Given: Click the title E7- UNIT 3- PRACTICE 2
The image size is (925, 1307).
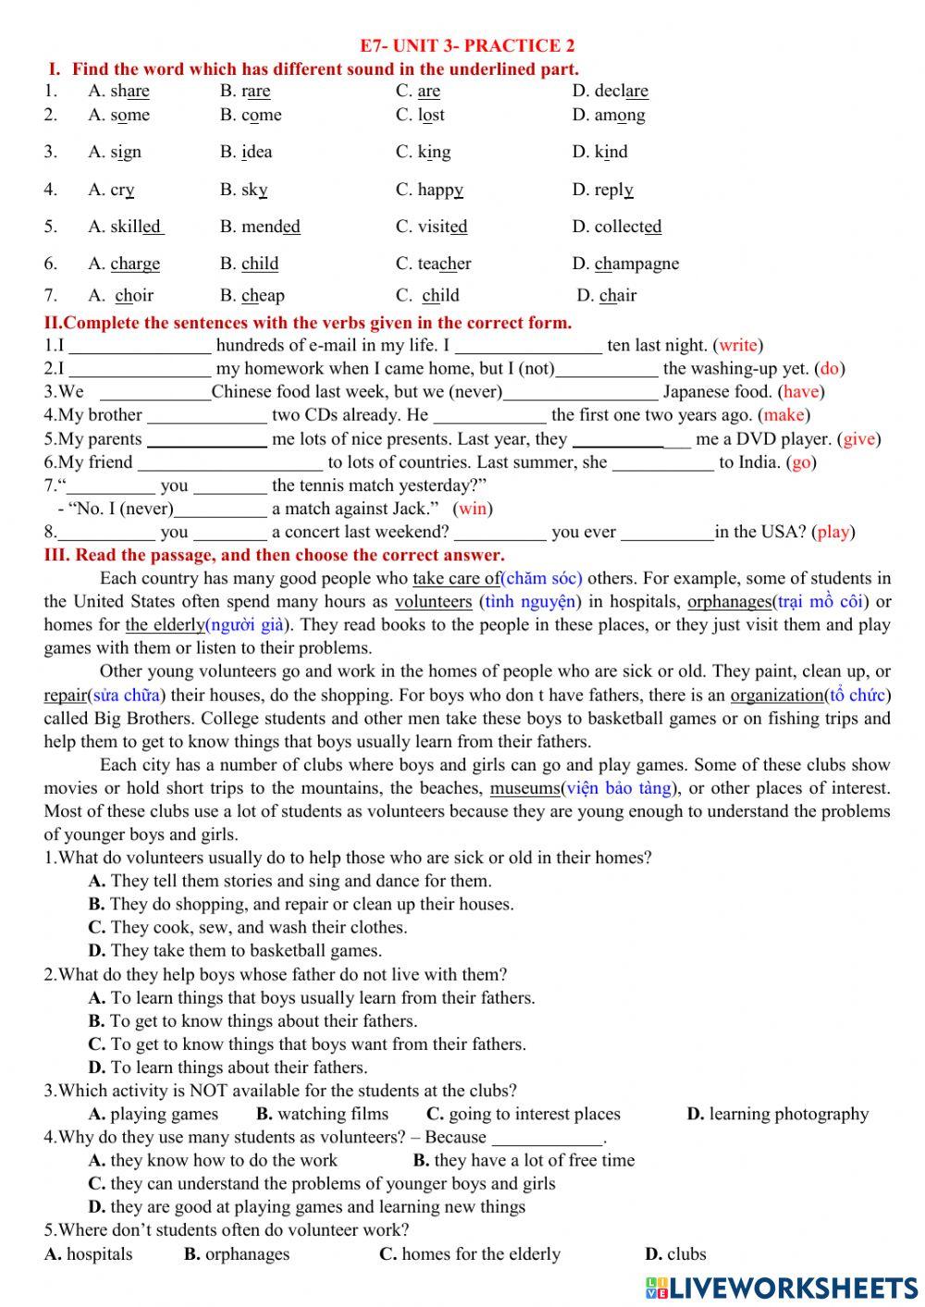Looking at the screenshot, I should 467,45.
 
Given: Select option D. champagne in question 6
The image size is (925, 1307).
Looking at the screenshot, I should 625,264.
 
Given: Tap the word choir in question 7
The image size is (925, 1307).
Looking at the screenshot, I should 134,296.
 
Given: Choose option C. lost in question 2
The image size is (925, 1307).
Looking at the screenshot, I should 420,116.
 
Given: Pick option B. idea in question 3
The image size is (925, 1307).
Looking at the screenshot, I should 246,152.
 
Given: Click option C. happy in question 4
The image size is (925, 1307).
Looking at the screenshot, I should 429,190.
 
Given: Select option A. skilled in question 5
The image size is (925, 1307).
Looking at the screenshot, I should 125,227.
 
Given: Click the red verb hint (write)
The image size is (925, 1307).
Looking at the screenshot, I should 738,345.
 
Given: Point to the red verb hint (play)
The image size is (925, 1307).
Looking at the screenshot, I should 833,532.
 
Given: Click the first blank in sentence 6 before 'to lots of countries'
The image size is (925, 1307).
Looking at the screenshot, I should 230,462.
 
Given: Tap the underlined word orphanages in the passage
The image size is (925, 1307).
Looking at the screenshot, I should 729,601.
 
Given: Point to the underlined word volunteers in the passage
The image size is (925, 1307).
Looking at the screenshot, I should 433,601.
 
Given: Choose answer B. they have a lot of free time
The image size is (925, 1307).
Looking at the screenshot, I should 524,1160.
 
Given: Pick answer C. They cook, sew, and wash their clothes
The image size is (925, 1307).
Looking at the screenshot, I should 247,927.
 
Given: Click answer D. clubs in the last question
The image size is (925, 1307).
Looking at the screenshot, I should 675,1254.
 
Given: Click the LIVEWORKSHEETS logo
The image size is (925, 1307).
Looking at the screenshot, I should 782,1288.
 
